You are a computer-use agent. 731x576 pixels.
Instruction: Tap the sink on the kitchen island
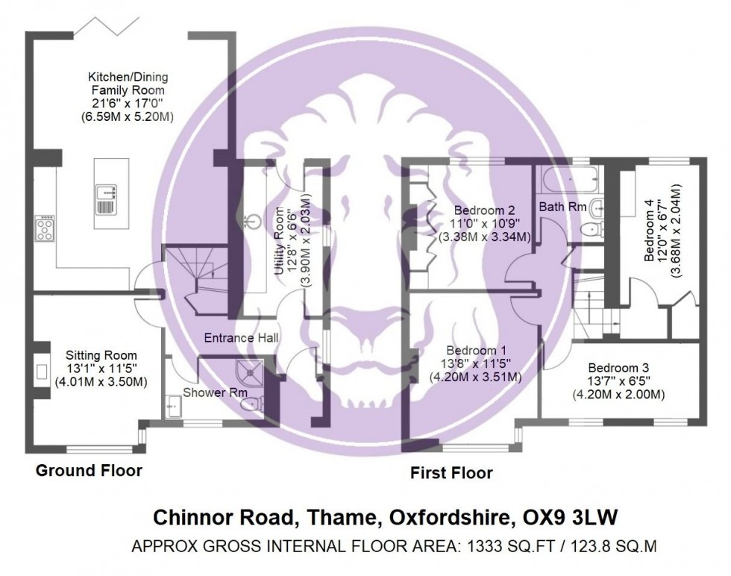click(104, 198)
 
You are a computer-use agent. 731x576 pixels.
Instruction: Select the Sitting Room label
click(101, 354)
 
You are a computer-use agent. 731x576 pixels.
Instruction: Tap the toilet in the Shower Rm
click(253, 404)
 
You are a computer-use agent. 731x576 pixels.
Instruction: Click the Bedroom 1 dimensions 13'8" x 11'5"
click(471, 363)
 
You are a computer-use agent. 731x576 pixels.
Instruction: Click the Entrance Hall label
click(242, 338)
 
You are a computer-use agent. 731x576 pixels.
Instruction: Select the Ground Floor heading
click(89, 470)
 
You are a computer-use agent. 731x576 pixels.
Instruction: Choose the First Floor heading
click(451, 473)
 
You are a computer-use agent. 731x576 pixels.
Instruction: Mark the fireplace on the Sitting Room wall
click(42, 372)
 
